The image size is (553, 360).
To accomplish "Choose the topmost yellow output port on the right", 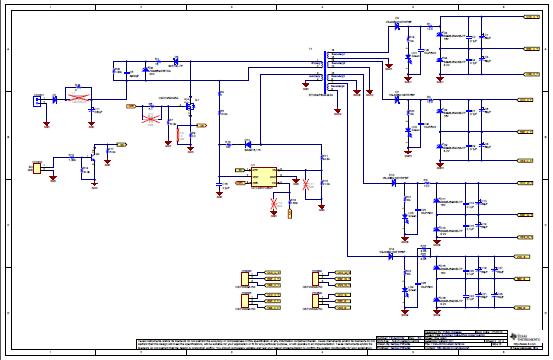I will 527,16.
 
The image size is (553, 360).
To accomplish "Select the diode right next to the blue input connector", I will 57,98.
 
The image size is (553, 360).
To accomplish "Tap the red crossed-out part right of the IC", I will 307,184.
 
